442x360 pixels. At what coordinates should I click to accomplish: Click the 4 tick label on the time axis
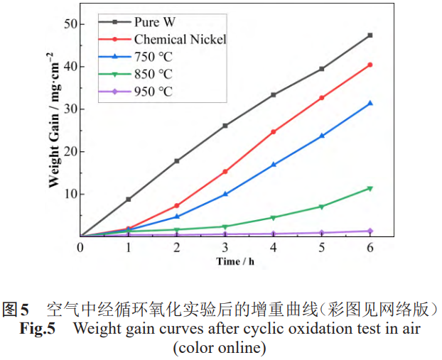coord(274,247)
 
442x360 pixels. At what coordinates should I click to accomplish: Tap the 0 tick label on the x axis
coord(80,247)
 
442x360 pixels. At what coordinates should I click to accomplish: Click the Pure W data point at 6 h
coord(370,35)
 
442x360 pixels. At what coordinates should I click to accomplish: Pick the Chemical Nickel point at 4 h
coord(274,131)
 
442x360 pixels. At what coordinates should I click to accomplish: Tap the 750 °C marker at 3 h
coord(225,193)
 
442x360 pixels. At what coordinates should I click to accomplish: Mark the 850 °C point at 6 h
coord(370,188)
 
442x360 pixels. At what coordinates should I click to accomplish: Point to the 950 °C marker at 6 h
coord(370,231)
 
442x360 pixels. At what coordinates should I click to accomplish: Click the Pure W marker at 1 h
coord(129,200)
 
